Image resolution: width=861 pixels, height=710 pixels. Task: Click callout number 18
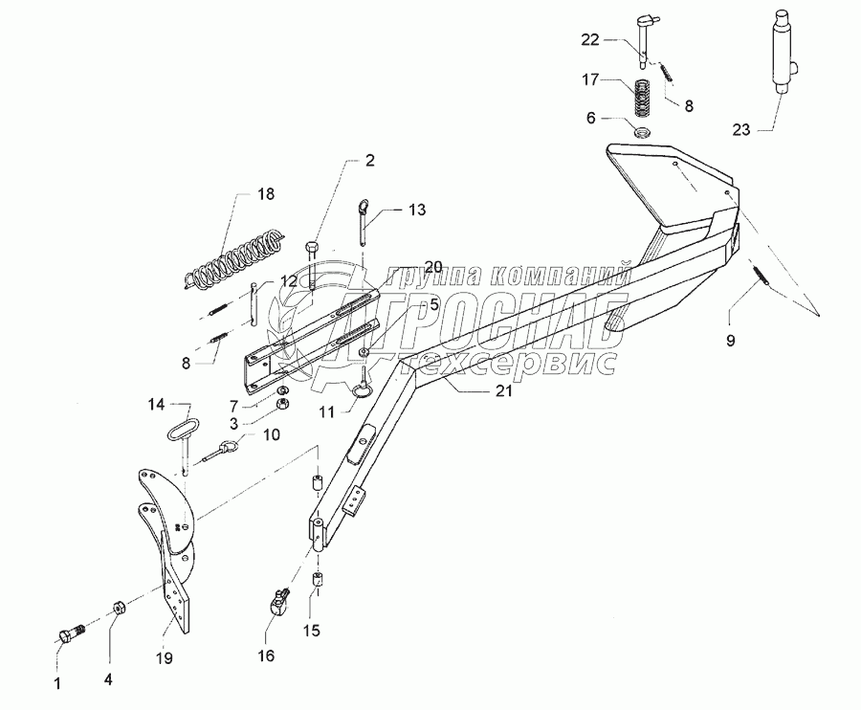tap(264, 194)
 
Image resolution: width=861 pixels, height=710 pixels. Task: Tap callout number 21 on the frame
tap(503, 390)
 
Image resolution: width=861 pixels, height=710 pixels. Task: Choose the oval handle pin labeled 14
tap(179, 423)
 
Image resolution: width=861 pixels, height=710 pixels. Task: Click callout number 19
tap(163, 657)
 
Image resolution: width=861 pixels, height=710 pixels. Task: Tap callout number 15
tap(312, 632)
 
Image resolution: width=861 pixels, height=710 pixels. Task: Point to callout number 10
tap(271, 434)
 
